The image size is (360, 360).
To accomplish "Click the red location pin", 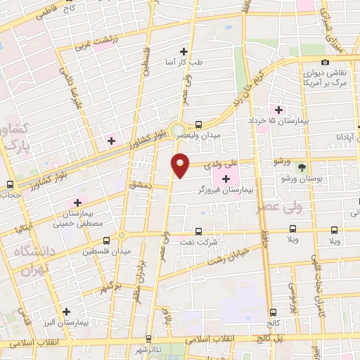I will tap(181, 164).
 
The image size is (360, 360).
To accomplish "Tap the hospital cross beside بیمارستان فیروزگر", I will tap(225, 180).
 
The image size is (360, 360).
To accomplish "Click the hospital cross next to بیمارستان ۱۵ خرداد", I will tap(279, 110).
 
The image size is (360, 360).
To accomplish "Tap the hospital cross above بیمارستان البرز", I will tap(67, 311).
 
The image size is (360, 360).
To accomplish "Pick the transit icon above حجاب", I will tap(10, 184).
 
